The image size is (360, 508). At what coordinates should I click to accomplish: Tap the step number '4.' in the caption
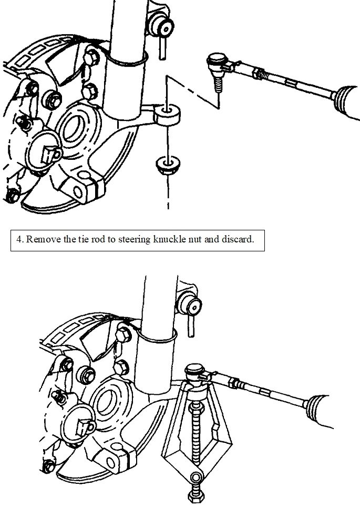click(19, 240)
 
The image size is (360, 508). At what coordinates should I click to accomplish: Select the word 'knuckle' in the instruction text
click(177, 240)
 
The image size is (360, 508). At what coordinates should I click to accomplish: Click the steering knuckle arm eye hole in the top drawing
click(167, 111)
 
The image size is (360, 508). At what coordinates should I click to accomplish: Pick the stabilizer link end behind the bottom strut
click(190, 304)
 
